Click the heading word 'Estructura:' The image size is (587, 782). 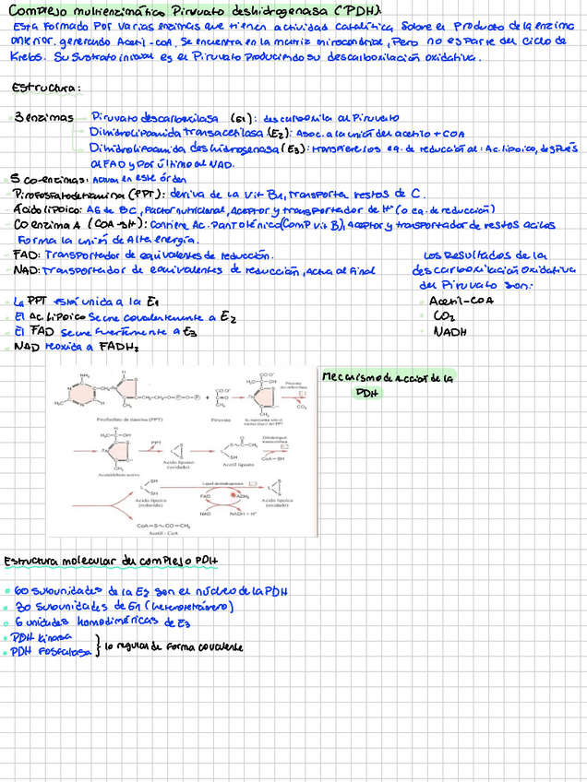click(46, 89)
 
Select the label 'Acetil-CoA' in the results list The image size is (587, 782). click(462, 301)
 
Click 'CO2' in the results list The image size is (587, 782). click(444, 315)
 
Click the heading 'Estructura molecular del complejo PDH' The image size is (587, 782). click(112, 561)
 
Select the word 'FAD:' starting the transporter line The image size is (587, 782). click(27, 255)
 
